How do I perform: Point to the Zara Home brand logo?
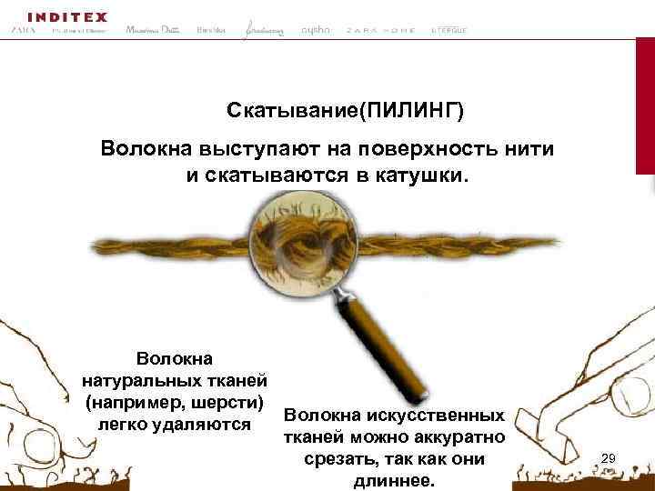pyautogui.click(x=380, y=30)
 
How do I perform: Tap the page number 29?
pyautogui.click(x=610, y=457)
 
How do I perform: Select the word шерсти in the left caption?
pyautogui.click(x=231, y=402)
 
